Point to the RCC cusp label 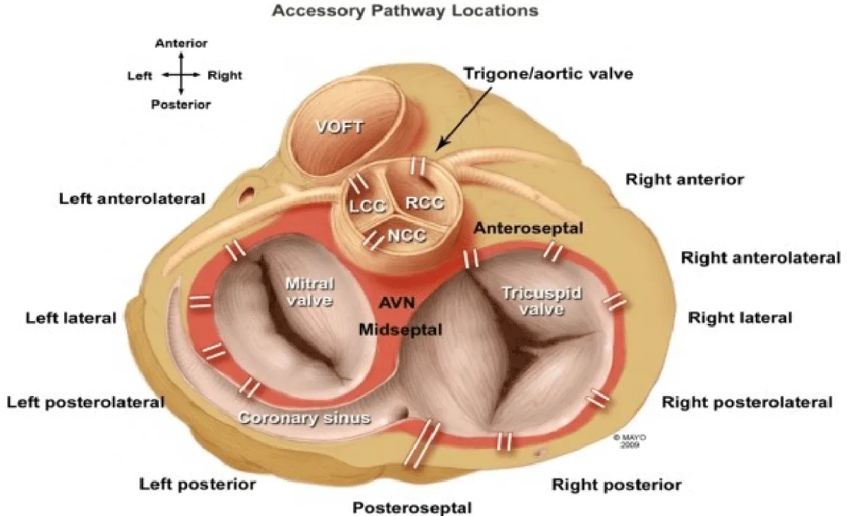(426, 203)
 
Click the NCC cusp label (407, 235)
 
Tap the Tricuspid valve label (543, 301)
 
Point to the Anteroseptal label (528, 228)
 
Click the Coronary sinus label (304, 418)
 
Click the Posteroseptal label (412, 507)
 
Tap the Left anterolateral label (132, 199)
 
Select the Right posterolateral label (747, 402)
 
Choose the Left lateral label (71, 318)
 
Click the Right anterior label (685, 179)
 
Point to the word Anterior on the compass (181, 44)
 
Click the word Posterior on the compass (181, 104)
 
